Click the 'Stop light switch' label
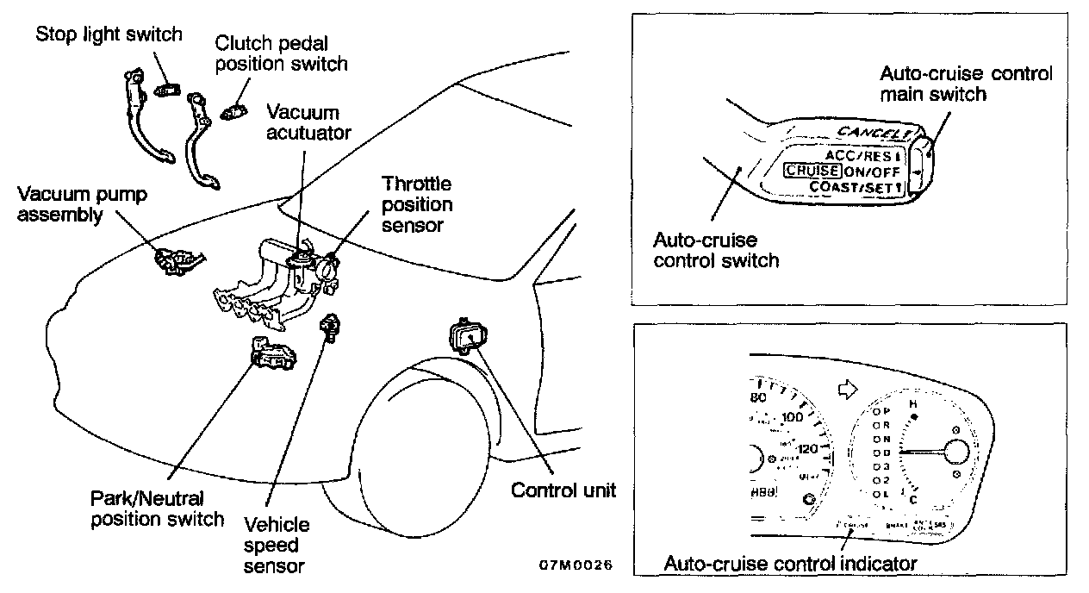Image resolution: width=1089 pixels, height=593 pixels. point(109,34)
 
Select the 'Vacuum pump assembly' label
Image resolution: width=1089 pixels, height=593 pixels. point(82,204)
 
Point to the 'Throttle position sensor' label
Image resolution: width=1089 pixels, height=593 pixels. point(417,205)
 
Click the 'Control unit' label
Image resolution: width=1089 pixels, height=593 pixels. point(563,490)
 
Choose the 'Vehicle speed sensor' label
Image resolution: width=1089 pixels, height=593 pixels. point(277,544)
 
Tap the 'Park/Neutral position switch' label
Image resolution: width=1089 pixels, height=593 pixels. point(158,508)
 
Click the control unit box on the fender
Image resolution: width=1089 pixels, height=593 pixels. point(465,334)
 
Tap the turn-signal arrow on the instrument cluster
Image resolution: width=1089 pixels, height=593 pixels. point(848,390)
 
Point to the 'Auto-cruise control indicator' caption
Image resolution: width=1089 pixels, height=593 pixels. point(790,564)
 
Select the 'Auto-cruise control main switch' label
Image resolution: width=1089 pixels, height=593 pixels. point(965,83)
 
